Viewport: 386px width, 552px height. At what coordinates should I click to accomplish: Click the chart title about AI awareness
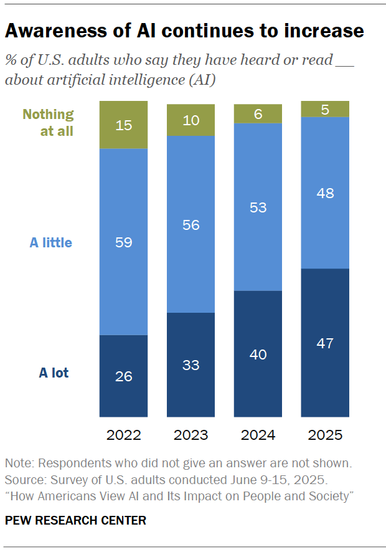click(184, 31)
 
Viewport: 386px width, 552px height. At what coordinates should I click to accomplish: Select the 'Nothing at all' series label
click(48, 123)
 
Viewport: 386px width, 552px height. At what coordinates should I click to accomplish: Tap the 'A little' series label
click(51, 242)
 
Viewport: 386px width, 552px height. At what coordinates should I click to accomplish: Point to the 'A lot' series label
click(54, 373)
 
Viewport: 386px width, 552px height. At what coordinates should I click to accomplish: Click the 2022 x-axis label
click(124, 435)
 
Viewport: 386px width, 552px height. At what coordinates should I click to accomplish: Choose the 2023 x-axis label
click(191, 435)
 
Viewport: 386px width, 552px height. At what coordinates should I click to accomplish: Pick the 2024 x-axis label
click(258, 435)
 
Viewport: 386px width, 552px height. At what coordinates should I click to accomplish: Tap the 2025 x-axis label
click(325, 435)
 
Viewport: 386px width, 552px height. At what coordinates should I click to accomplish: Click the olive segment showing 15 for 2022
click(124, 125)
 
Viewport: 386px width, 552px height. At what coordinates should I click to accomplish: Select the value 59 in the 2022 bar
click(124, 242)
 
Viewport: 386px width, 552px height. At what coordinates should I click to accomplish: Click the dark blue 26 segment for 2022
click(124, 376)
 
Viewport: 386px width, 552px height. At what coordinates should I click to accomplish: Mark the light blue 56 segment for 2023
click(191, 224)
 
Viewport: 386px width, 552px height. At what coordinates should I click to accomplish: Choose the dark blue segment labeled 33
click(191, 365)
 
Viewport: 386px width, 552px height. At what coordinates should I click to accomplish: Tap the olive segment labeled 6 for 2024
click(258, 113)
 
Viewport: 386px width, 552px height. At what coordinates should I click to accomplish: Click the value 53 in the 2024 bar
click(258, 207)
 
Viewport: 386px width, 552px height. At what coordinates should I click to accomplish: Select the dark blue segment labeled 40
click(258, 354)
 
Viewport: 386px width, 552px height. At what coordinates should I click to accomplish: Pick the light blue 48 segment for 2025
click(325, 193)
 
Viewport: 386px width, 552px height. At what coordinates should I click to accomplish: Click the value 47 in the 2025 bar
click(325, 343)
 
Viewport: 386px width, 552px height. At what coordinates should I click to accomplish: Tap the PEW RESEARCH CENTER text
click(75, 520)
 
